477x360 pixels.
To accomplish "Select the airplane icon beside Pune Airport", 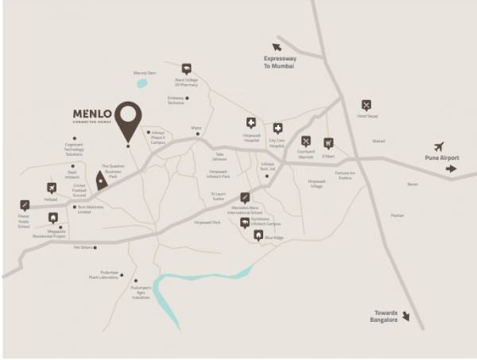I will click(x=439, y=146).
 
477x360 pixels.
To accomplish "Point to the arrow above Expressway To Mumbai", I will click(x=277, y=48).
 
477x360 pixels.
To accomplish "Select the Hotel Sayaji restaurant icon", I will click(x=366, y=105).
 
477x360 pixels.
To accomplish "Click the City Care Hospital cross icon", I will click(x=277, y=128).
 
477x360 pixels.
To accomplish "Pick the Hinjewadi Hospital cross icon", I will click(x=251, y=122).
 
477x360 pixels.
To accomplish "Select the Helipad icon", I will click(x=52, y=188).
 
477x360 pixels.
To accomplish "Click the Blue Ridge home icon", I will click(x=258, y=235).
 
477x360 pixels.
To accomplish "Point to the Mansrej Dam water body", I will click(x=142, y=82).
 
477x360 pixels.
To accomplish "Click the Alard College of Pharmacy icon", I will click(x=186, y=68).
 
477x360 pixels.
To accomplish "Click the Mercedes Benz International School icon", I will click(x=246, y=197).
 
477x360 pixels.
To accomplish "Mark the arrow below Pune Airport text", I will click(x=452, y=168).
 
